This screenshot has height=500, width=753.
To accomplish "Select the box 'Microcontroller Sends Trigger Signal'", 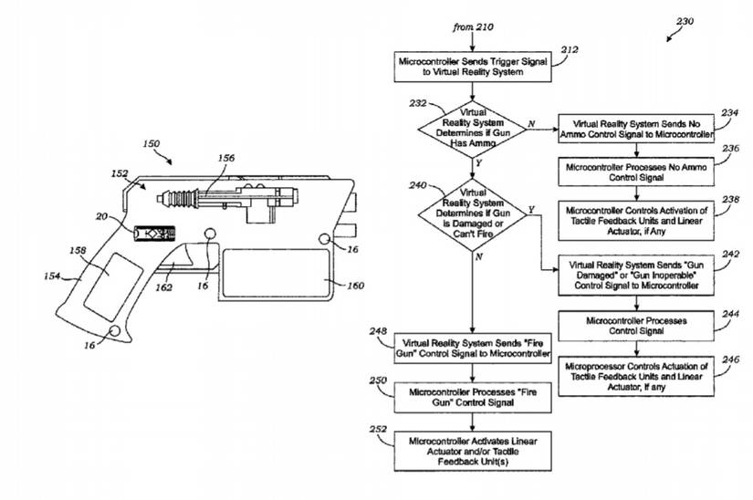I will [472, 66].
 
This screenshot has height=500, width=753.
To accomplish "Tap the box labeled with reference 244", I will [623, 326].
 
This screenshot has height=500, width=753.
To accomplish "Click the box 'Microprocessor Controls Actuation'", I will [623, 373].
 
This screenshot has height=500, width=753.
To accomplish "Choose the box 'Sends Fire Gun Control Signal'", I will [472, 348].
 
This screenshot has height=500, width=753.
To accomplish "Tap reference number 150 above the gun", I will [152, 145].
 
